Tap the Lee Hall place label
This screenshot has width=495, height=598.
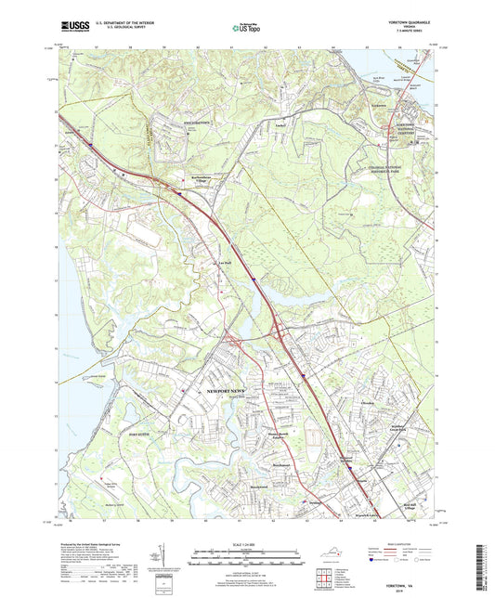224,266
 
